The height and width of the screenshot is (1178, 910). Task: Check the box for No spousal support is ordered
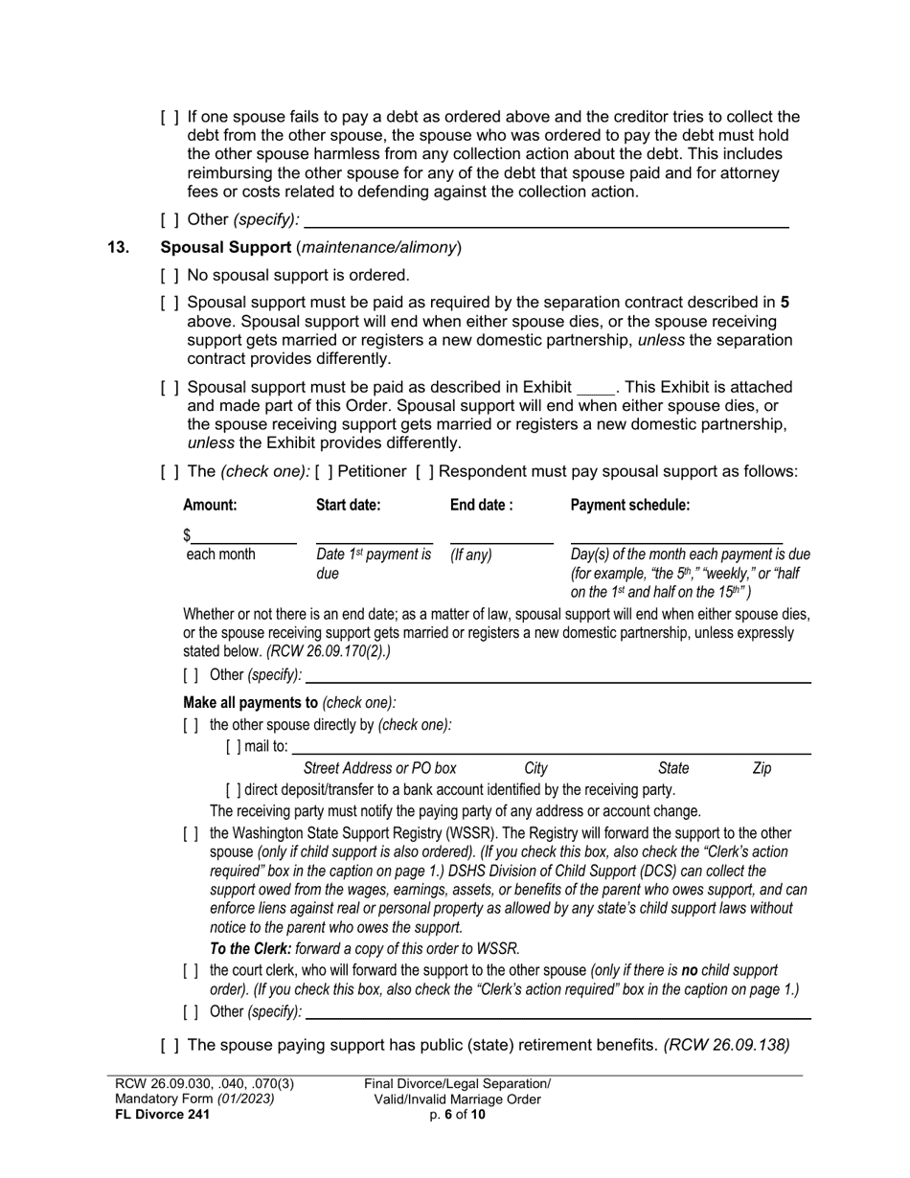point(170,276)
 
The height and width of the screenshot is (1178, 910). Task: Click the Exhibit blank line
point(596,389)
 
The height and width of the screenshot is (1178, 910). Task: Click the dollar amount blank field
point(243,534)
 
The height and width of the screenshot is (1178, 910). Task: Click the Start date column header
point(349,505)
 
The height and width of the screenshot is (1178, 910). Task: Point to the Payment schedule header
point(629,505)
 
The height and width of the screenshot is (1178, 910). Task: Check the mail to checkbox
point(234,747)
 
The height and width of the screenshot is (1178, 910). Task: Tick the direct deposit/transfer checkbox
point(234,790)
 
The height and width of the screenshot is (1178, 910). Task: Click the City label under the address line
point(536,768)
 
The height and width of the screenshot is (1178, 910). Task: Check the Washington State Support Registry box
point(191,833)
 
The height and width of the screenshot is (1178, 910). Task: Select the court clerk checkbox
point(191,971)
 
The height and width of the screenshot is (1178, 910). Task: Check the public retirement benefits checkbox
point(170,1045)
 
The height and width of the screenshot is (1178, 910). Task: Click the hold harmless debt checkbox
point(170,118)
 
